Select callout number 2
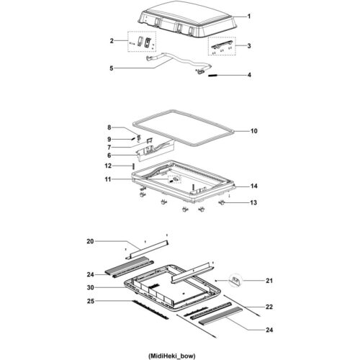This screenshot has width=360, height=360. (x=112, y=41)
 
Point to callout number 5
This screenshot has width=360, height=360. (x=112, y=68)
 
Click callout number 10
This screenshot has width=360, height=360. (x=253, y=131)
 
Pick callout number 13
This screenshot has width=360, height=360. (x=253, y=204)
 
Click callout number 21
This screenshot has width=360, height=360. (x=249, y=280)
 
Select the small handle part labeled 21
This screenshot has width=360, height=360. (x=235, y=279)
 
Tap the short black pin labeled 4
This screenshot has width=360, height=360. (x=218, y=75)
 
